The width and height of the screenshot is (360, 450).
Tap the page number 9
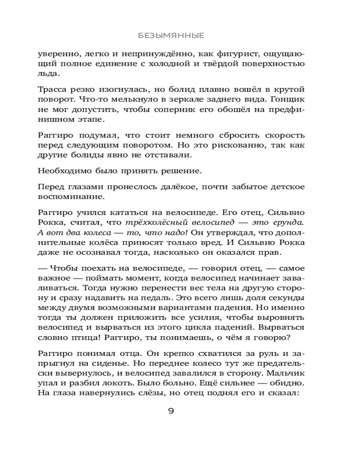point(171,411)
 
